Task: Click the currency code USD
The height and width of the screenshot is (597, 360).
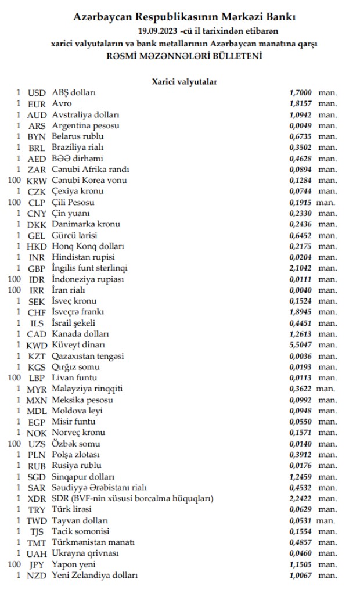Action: click(37, 92)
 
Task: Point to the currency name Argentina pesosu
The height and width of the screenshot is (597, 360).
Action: click(86, 125)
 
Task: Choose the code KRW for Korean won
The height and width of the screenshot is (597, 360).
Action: click(37, 181)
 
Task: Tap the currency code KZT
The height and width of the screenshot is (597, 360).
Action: click(37, 356)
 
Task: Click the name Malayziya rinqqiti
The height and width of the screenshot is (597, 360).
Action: click(87, 389)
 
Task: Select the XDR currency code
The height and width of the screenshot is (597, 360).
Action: click(37, 498)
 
